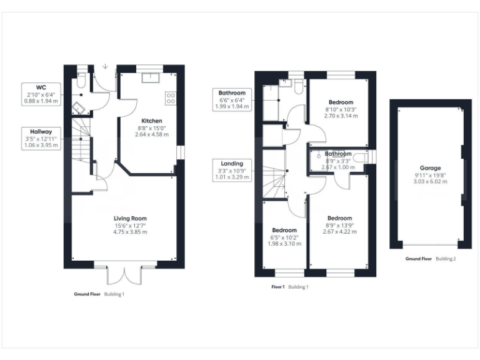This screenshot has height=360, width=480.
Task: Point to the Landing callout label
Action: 231,170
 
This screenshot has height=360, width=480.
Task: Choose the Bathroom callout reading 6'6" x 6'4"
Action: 231,99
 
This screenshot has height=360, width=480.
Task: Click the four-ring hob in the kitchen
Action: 171,98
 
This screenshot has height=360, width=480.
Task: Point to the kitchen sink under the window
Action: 150,77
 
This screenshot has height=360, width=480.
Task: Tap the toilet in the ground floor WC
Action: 81,81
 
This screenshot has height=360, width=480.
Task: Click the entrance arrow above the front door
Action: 105,66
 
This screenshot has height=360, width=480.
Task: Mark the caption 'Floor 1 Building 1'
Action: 289,287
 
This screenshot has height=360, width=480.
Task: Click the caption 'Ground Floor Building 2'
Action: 430,258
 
